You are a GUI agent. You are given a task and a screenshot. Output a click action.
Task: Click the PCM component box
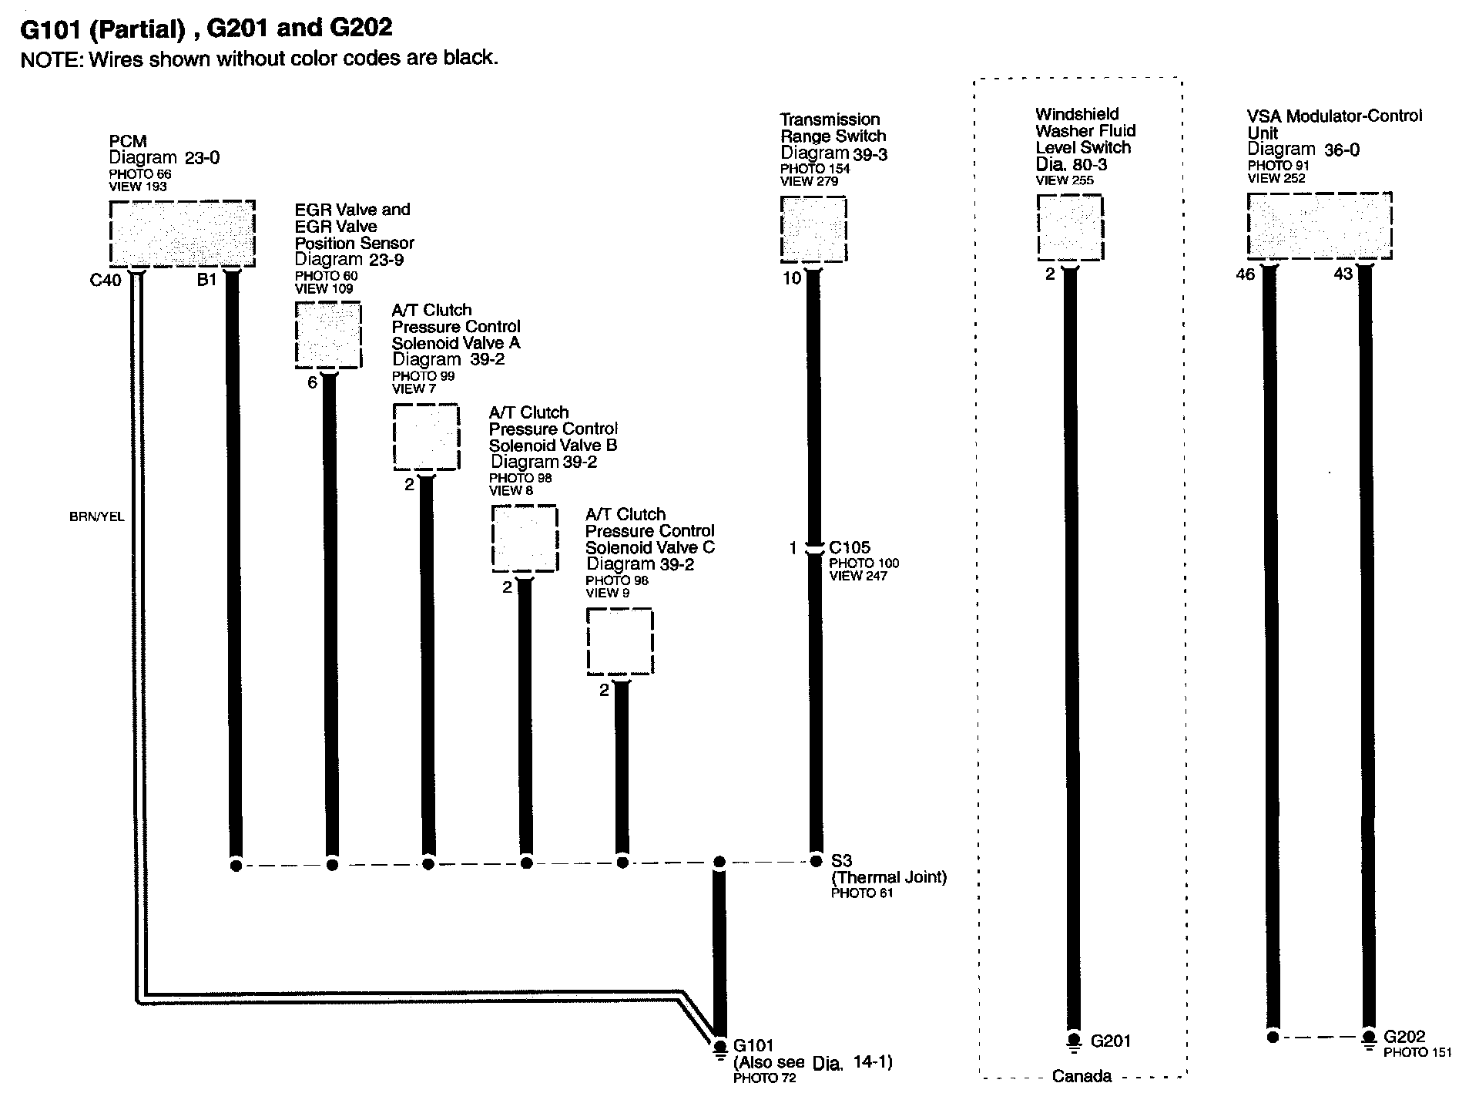coord(182,233)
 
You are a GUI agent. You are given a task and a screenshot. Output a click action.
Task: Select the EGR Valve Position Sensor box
coord(328,335)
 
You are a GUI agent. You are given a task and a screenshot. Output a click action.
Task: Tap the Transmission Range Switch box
coord(813,229)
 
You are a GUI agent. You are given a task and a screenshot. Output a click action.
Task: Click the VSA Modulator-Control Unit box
coord(1319,225)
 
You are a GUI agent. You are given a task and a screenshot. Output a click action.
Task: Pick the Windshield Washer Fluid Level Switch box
coord(1070,227)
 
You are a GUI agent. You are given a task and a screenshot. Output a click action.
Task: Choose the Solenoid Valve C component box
coord(620,641)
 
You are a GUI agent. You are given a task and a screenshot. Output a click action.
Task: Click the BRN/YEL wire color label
coord(96,517)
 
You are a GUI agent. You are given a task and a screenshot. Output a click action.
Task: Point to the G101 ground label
coord(753,1045)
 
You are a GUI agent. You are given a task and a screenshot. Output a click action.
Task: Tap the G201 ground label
coord(1111,1041)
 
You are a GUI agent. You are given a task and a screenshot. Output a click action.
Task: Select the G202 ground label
coord(1404,1037)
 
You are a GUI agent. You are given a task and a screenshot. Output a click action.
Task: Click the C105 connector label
coord(850,547)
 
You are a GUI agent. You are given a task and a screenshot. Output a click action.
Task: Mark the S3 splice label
coord(841,860)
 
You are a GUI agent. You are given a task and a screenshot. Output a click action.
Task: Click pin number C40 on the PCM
coord(106,281)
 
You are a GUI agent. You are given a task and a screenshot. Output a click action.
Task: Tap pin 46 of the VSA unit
coord(1245,274)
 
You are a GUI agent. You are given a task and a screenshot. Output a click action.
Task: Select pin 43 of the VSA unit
coord(1343,274)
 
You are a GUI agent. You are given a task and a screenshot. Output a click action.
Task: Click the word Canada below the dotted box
coord(1082,1077)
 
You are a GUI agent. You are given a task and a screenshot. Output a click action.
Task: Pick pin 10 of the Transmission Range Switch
coord(792,278)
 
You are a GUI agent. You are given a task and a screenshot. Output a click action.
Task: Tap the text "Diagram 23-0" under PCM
coord(164,158)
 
